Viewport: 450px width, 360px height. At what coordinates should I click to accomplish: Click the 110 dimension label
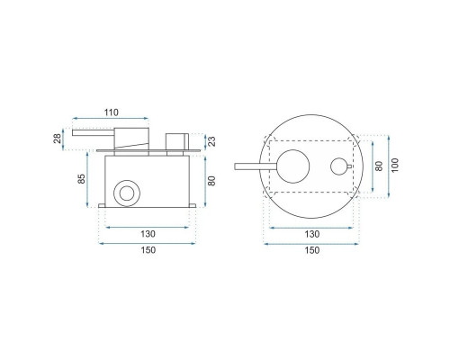pos(112,112)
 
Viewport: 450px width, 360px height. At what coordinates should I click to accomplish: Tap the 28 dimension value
pos(58,139)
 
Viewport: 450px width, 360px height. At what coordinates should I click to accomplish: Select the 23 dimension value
pos(211,141)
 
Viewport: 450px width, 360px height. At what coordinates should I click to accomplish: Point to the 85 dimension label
pos(81,179)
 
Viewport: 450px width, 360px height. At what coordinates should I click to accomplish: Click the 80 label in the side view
pos(211,181)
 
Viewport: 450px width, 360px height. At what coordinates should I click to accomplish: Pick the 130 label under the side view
pos(148,234)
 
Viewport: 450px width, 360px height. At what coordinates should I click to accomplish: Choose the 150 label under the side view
pos(148,249)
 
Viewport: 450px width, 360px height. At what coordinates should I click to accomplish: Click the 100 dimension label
pos(395,165)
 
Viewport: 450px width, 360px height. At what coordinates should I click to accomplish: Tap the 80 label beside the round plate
pos(379,166)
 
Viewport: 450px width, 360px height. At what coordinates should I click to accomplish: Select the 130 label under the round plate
pos(312,234)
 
